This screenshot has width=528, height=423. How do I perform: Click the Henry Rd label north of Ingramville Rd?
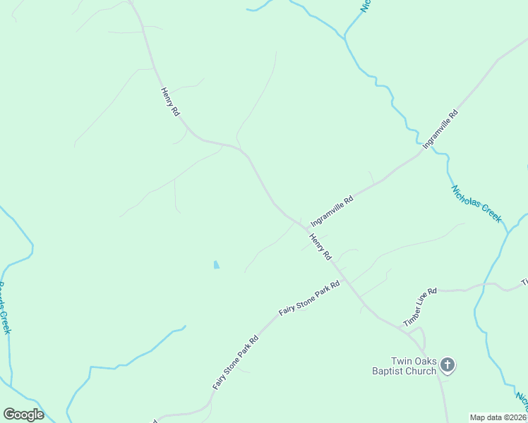tap(169, 102)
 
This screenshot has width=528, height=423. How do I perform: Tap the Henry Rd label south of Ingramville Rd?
tap(320, 247)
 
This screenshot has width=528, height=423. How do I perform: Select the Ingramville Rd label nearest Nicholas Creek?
tap(440, 128)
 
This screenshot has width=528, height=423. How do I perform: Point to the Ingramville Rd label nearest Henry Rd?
tap(332, 209)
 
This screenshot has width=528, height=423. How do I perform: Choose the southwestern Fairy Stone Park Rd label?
tap(236, 362)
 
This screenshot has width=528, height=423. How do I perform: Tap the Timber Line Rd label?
tap(420, 307)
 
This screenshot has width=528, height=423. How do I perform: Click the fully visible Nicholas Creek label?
tap(476, 204)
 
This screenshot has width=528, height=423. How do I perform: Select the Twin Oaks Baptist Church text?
tap(404, 365)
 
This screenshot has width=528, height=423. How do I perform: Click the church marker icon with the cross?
tap(447, 364)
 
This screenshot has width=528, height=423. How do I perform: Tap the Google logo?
tap(23, 415)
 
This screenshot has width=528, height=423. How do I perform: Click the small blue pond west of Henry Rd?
tap(216, 265)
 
